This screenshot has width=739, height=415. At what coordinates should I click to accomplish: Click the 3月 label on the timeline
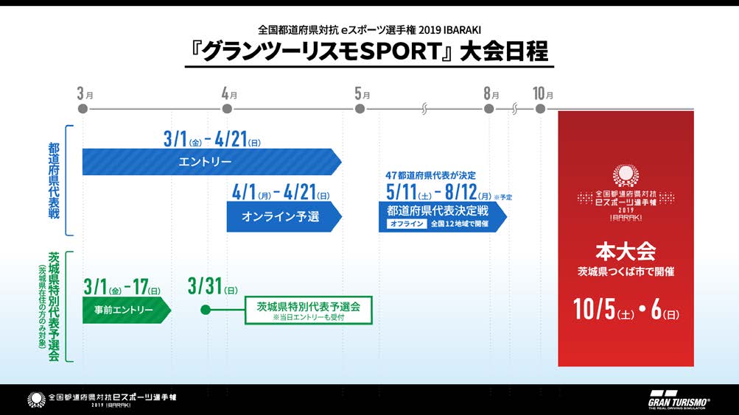(85, 94)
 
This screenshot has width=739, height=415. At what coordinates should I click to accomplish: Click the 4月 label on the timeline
(229, 94)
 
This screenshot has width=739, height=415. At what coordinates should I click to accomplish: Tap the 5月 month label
(362, 94)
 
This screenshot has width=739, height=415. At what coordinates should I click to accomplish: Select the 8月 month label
(491, 94)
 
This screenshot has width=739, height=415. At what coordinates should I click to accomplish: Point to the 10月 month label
(543, 94)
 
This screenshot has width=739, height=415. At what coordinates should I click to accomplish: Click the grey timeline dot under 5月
(360, 109)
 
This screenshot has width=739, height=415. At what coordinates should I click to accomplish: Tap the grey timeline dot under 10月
(541, 109)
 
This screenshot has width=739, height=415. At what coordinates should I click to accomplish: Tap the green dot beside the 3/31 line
(206, 310)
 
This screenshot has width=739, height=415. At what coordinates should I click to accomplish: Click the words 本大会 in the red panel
(626, 251)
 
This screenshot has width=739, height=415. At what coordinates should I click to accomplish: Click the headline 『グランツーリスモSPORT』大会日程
(369, 53)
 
